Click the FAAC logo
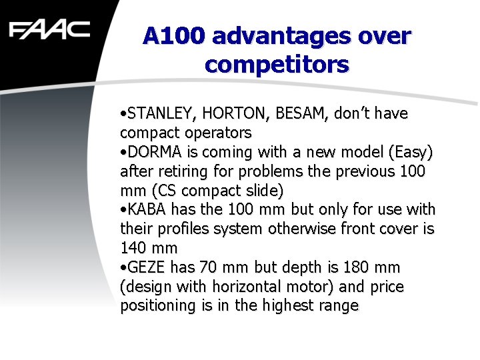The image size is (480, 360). coord(49,30)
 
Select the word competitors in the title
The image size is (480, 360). coord(277,65)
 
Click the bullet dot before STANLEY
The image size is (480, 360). coord(123,114)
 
